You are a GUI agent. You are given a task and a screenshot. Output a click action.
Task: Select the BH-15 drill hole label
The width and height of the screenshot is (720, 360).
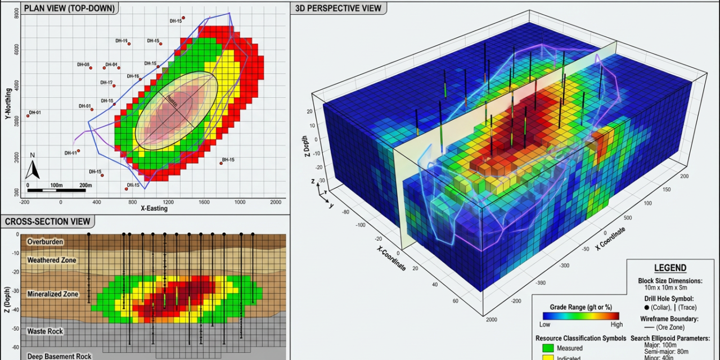point(228,160)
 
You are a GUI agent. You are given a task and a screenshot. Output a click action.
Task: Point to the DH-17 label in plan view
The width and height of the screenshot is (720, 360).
point(106,83)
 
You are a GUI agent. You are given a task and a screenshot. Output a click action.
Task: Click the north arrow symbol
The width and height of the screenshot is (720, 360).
point(33,169)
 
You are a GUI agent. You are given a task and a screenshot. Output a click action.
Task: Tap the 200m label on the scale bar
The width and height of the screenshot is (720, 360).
point(85,185)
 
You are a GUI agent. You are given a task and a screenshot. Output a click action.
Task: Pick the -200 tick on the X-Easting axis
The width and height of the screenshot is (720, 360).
point(24,201)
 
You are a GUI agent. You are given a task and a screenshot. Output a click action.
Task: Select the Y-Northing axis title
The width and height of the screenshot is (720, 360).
point(8,106)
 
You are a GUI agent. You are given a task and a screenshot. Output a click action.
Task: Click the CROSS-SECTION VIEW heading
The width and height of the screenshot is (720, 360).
point(47,222)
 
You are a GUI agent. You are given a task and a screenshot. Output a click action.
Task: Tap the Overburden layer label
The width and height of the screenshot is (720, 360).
point(45,242)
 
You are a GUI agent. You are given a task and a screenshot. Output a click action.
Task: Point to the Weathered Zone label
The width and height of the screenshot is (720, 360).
point(51,260)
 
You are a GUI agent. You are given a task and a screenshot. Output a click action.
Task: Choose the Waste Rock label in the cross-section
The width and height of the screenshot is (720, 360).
point(45,331)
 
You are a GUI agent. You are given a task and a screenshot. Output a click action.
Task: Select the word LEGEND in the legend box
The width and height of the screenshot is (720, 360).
point(670,268)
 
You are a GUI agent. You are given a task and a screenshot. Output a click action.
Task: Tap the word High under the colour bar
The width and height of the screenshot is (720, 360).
point(616,325)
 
